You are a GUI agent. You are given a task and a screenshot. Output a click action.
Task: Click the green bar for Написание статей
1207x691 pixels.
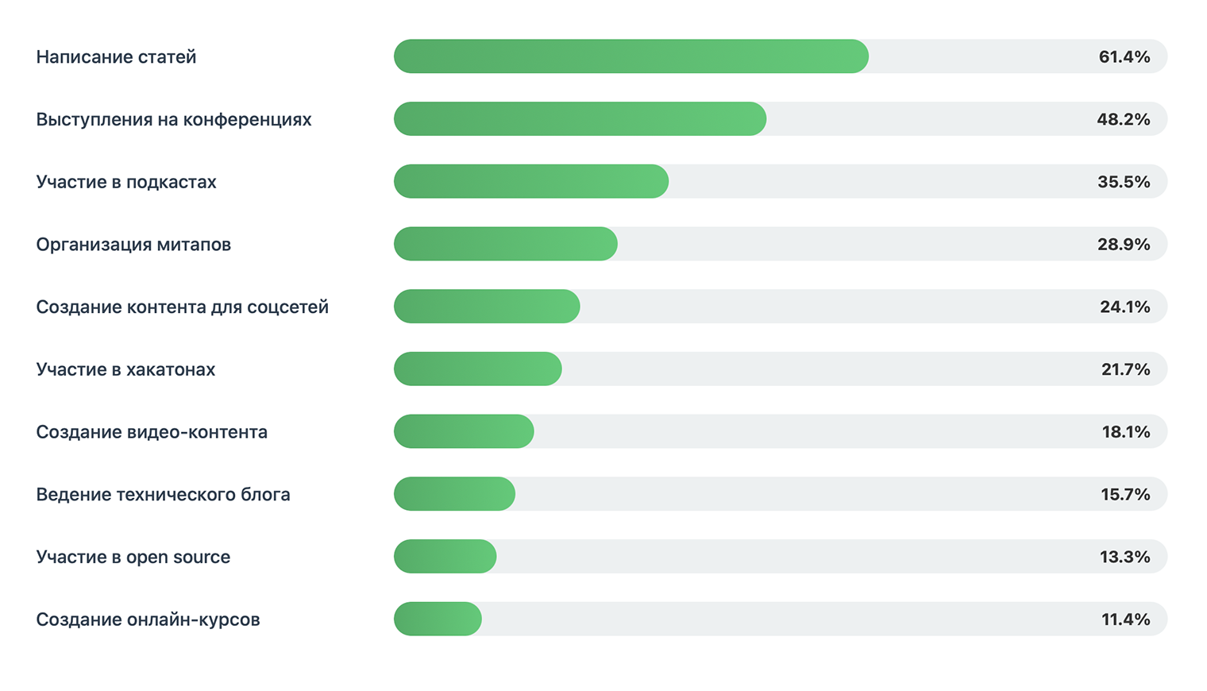630,56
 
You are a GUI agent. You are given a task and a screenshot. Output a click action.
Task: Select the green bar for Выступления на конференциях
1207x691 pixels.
580,119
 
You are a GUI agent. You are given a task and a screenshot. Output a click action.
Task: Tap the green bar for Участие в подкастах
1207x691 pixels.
530,182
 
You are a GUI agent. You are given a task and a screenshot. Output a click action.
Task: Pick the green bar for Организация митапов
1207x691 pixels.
505,244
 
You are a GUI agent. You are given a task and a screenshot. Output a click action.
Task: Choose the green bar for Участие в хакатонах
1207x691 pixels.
477,369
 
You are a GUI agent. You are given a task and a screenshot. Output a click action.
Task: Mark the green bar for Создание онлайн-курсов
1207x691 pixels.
438,620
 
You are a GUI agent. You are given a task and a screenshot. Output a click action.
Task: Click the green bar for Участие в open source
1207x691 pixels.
445,557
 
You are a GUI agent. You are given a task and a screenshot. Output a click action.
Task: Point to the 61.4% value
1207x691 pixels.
1124,56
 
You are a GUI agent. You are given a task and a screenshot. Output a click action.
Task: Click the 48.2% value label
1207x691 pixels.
1123,119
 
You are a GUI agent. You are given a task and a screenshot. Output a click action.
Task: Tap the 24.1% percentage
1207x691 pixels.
1124,307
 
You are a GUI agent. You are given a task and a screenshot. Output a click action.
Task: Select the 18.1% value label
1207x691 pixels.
1125,432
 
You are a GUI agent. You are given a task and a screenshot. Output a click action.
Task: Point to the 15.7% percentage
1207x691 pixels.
1124,494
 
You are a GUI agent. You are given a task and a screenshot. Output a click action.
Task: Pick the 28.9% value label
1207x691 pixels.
1123,244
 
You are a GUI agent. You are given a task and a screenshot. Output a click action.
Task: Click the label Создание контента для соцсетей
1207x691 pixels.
182,307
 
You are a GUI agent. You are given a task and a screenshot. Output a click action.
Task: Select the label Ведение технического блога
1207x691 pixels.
163,494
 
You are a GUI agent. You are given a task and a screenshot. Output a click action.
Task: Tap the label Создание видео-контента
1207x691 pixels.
152,432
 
